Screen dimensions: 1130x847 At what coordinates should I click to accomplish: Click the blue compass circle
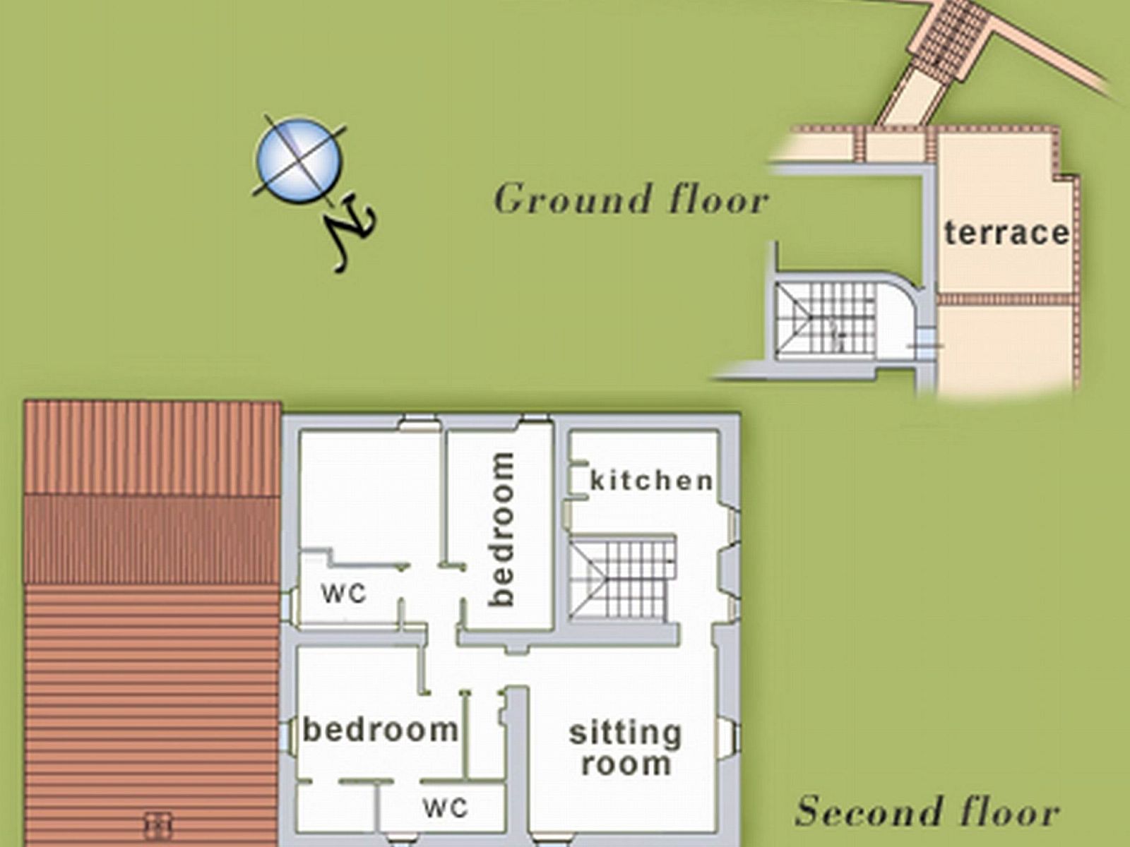tap(299, 160)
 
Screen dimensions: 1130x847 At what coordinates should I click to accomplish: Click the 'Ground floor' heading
tap(631, 199)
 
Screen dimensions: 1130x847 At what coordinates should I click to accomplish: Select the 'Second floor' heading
tap(927, 811)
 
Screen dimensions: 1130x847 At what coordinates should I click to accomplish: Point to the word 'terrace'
tap(1006, 233)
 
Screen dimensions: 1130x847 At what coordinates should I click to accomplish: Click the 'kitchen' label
tap(651, 481)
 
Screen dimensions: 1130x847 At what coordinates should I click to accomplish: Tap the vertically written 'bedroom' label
tap(501, 529)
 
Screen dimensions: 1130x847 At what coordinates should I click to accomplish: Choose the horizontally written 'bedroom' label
tap(380, 730)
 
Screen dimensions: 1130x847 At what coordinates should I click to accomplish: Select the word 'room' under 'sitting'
tap(626, 764)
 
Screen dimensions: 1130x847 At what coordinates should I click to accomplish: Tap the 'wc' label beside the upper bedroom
tap(344, 593)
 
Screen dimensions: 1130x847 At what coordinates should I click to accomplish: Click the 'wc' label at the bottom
tap(446, 808)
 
